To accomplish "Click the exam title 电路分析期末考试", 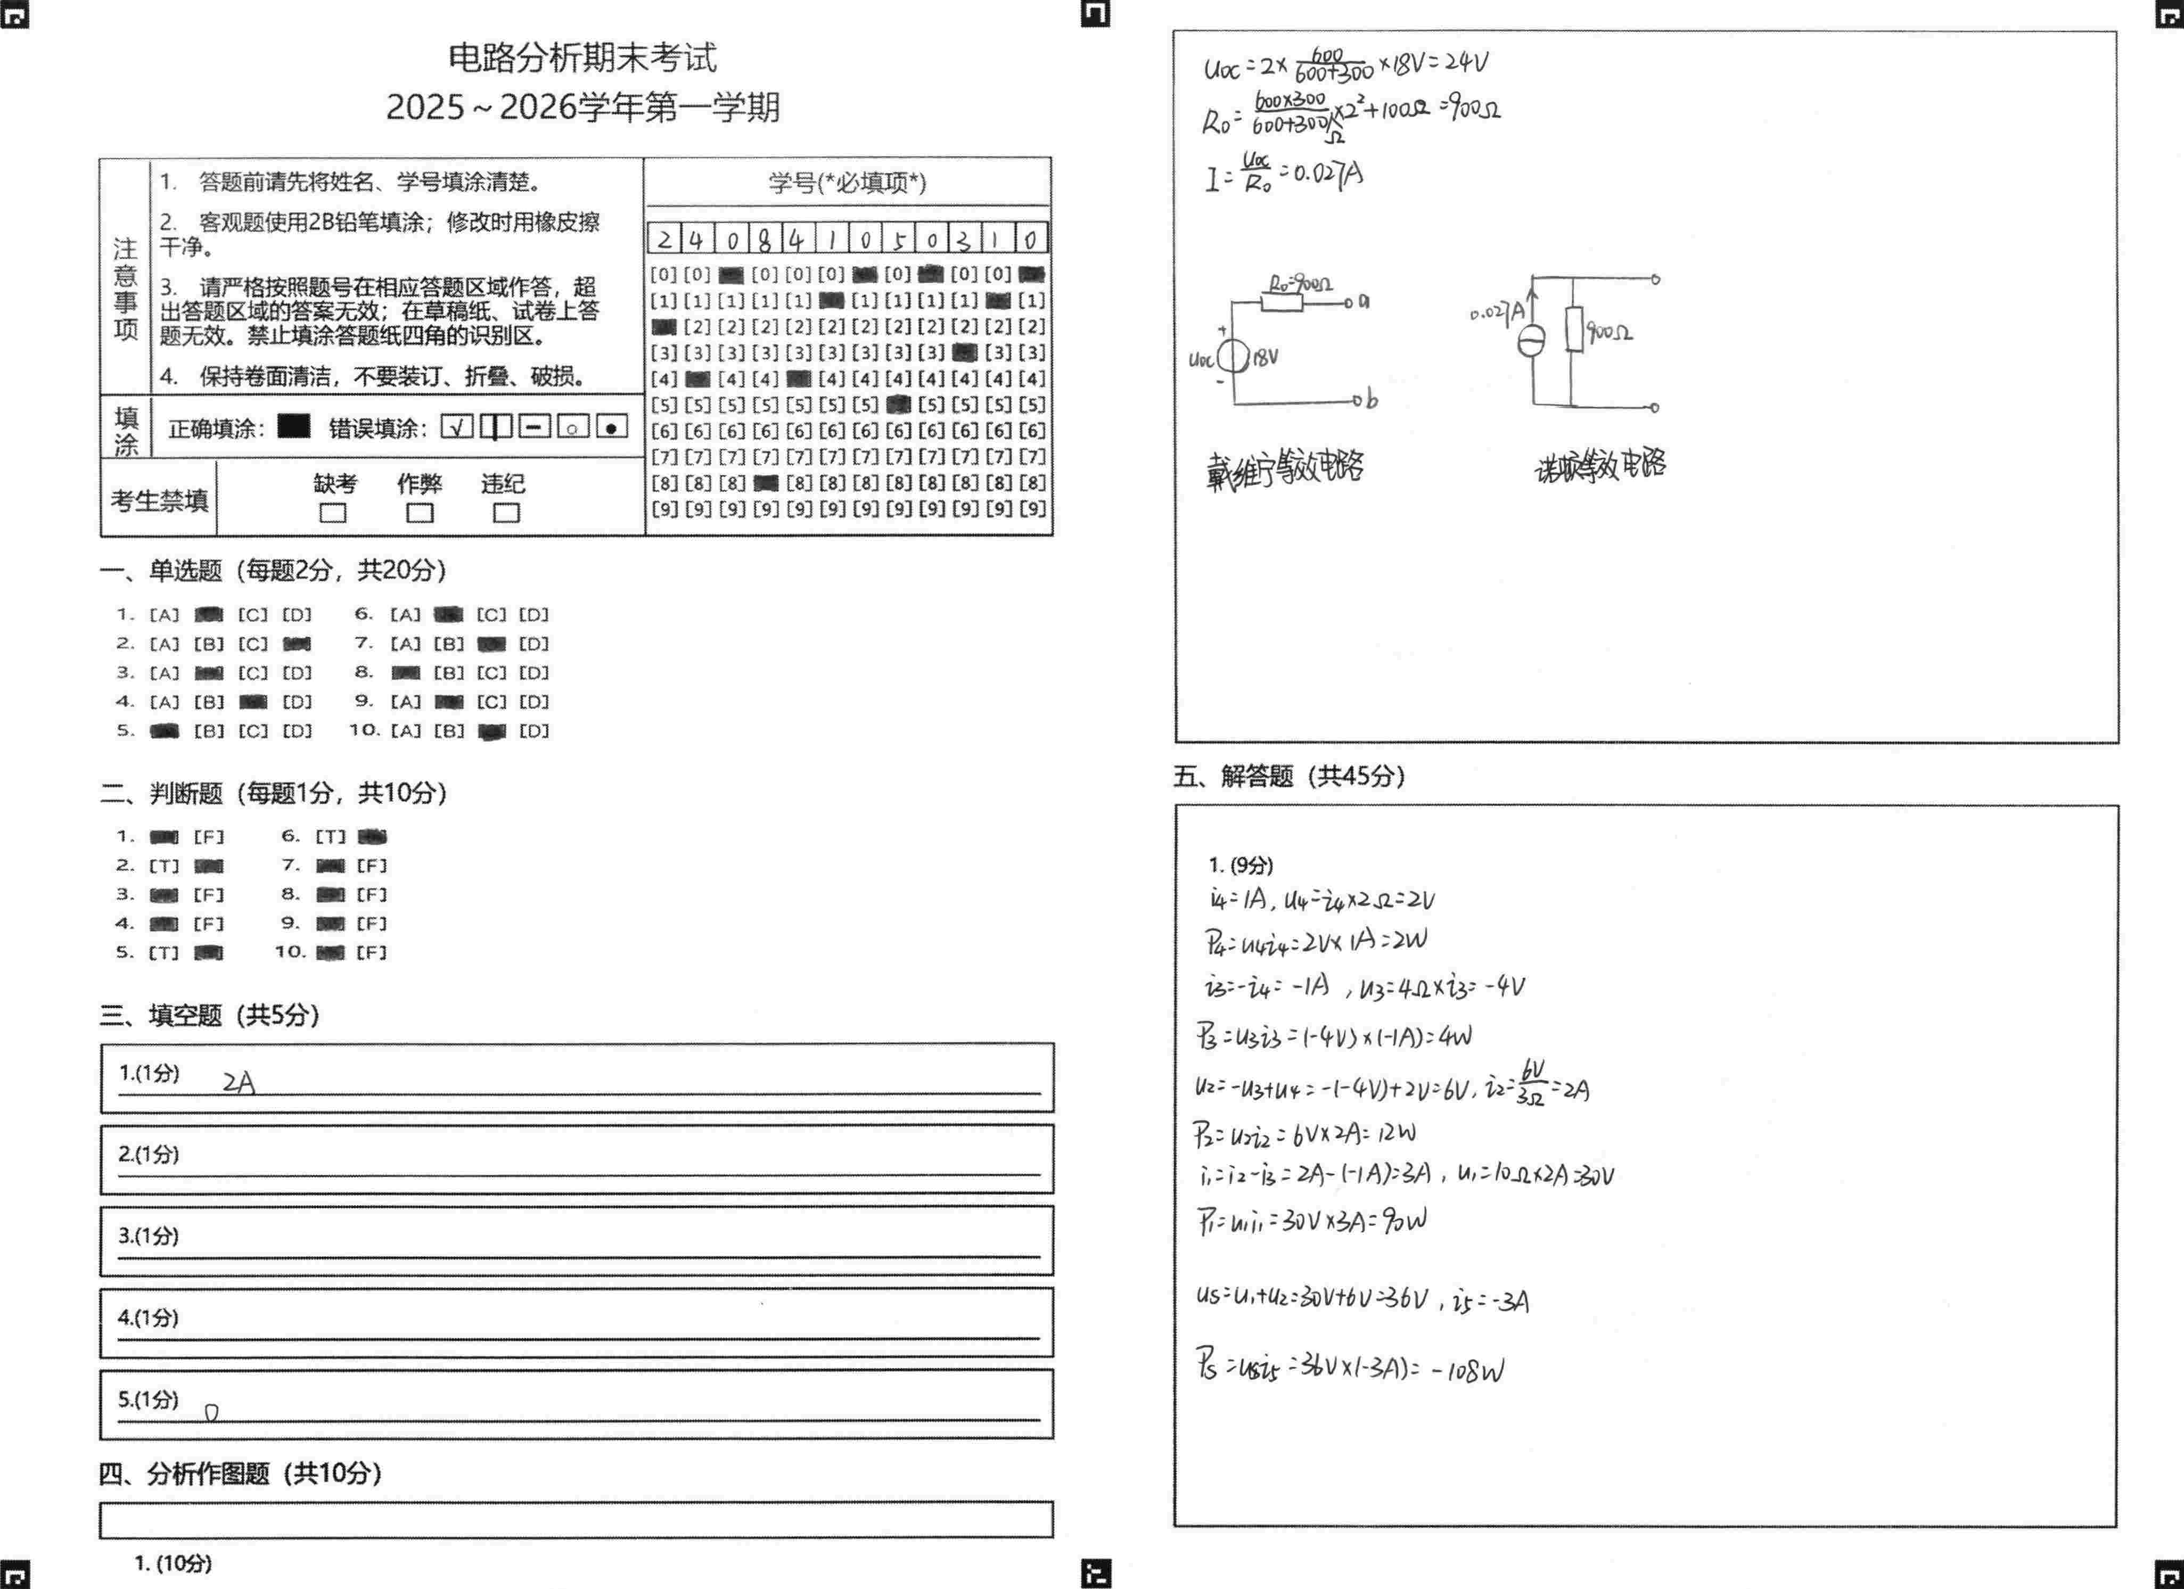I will click(x=582, y=59).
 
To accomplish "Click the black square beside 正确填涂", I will click(x=294, y=426).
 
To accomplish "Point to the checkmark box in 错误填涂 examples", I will click(x=456, y=426).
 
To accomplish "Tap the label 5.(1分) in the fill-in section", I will click(x=149, y=1399).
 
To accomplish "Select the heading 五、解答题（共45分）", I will click(x=1288, y=776).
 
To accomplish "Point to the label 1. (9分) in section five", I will click(x=1241, y=865).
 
